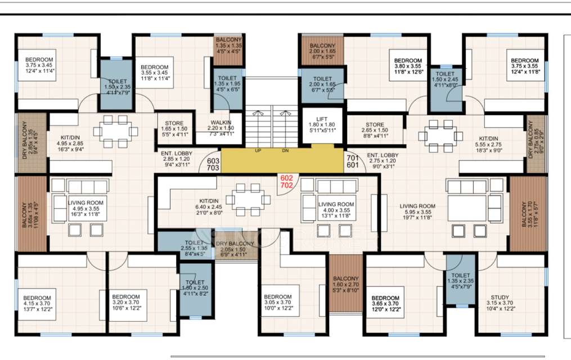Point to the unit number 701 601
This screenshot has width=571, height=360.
click(x=353, y=161)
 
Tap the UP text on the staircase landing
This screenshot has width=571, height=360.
click(x=258, y=151)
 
